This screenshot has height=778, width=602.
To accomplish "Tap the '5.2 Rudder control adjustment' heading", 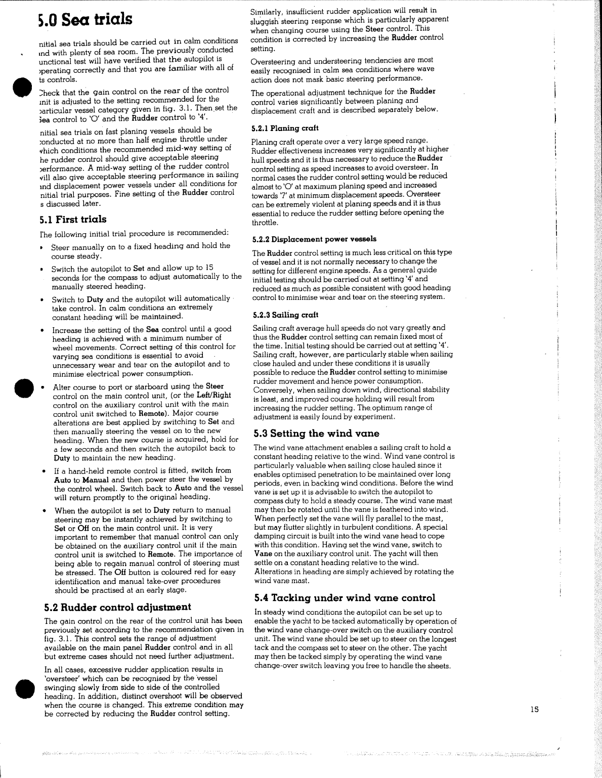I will [117, 607].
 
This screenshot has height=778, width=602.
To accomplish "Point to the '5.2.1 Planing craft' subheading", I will [285, 128].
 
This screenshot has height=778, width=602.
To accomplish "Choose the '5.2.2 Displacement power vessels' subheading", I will [314, 239].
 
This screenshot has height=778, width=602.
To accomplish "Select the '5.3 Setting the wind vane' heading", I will [316, 434].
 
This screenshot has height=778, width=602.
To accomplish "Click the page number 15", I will [535, 709].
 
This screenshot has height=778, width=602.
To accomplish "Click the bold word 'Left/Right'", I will [214, 395].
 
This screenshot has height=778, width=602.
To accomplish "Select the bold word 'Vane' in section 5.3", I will [264, 553].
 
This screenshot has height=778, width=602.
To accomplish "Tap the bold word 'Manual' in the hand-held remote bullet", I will [96, 480].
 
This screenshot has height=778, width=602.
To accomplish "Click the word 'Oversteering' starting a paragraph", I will [273, 60].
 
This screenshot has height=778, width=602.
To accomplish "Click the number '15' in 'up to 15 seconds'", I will [209, 268].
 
